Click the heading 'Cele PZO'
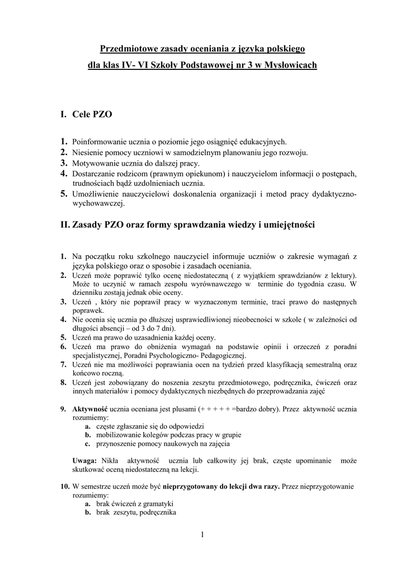92,115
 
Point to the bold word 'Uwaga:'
85,461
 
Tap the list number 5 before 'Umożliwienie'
64,194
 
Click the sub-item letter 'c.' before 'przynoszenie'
88,444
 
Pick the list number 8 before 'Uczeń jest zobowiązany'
64,382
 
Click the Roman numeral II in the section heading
64,225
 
